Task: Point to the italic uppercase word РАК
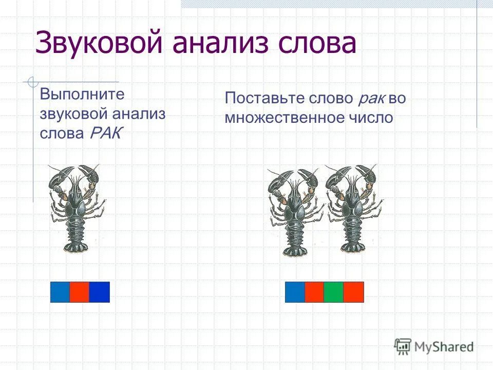click(106, 134)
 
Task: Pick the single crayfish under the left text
click(76, 208)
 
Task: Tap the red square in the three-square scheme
click(80, 292)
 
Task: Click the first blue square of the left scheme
click(60, 292)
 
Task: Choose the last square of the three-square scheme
click(100, 292)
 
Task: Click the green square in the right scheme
click(334, 292)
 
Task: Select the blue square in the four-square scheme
click(295, 292)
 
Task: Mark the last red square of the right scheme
click(354, 292)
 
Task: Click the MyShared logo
click(434, 346)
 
